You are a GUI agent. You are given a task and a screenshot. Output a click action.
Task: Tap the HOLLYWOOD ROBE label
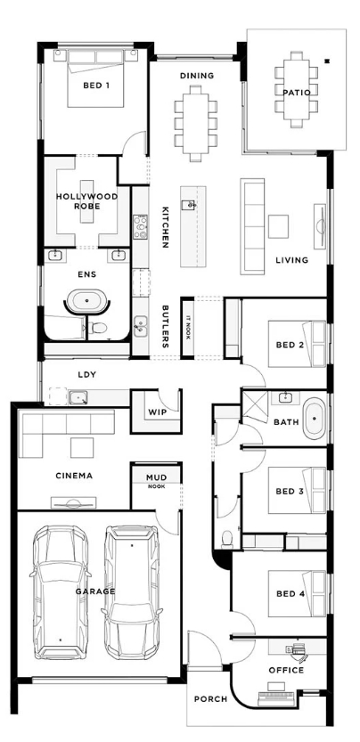tap(86, 201)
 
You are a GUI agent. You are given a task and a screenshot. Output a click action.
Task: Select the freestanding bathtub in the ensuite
tap(87, 301)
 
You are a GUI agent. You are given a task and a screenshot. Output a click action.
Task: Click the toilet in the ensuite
tap(98, 328)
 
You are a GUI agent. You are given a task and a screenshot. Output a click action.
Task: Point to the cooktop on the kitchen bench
tap(140, 227)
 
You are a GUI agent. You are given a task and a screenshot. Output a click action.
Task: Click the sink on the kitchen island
tap(189, 205)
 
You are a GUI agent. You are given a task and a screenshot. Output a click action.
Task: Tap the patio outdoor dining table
tap(297, 89)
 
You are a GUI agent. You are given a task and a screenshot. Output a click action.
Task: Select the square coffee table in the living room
tap(279, 226)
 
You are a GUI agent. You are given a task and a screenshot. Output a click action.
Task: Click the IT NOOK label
tap(188, 328)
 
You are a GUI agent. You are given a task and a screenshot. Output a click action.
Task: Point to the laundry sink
tap(78, 397)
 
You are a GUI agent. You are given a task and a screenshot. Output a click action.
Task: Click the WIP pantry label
tap(157, 412)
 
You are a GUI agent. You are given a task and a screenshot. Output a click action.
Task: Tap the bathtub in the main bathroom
tap(315, 419)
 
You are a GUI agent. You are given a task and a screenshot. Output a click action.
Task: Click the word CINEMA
tap(74, 476)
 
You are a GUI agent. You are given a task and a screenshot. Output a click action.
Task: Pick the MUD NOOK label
tap(156, 481)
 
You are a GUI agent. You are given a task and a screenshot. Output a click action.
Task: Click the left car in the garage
tap(61, 591)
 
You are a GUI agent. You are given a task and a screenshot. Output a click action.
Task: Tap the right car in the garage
tap(132, 591)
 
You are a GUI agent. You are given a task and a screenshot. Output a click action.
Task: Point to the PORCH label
tap(211, 699)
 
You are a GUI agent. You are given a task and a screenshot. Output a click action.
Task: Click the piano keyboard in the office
tap(276, 698)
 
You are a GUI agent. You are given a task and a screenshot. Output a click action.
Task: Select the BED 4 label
tap(290, 594)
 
